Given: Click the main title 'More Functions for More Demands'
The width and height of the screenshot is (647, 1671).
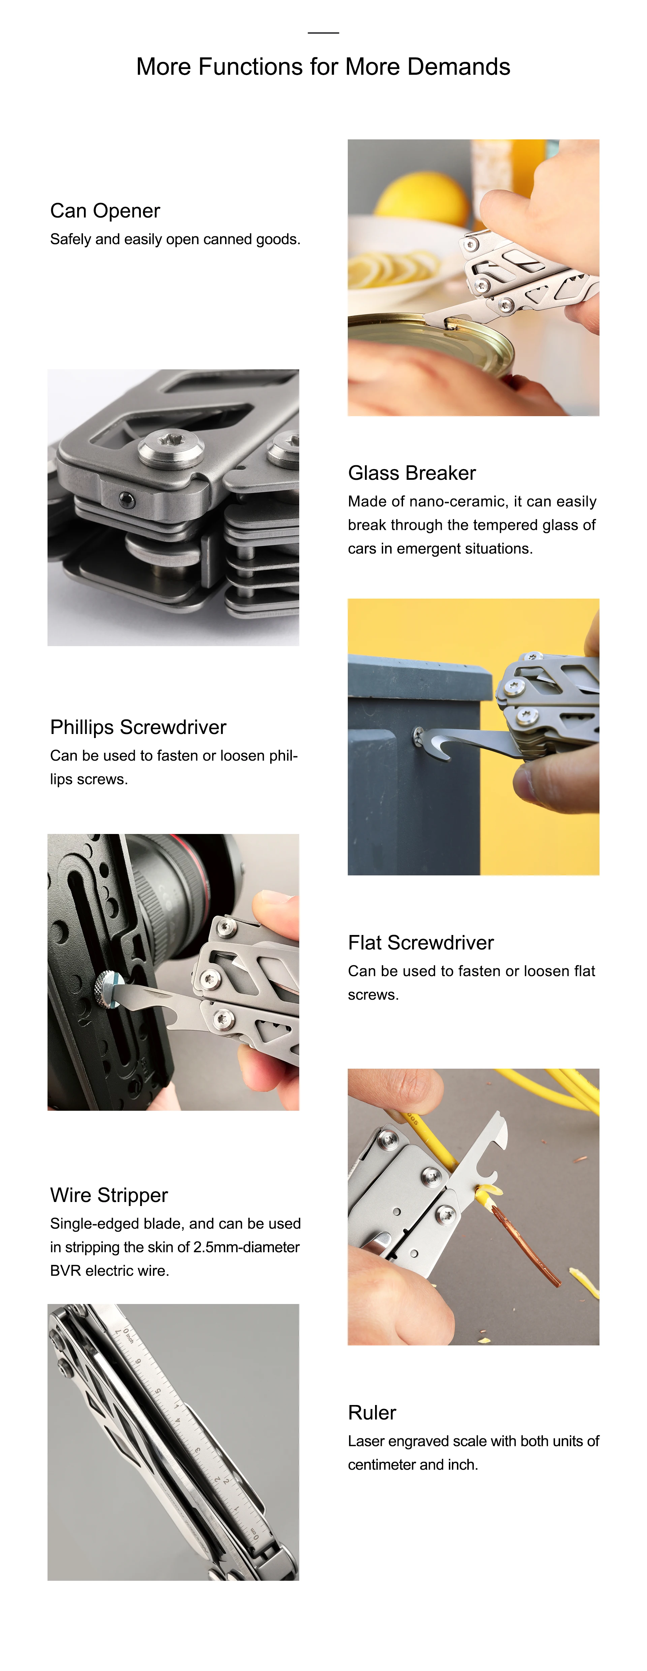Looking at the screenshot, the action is tap(323, 67).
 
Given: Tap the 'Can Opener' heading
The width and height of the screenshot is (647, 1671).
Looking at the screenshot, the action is tap(105, 211).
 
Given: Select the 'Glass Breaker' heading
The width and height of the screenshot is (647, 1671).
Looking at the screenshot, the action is tap(412, 473).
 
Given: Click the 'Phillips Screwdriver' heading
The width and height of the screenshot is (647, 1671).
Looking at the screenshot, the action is tap(138, 727).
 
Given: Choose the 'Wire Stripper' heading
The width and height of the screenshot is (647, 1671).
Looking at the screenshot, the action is tap(109, 1195).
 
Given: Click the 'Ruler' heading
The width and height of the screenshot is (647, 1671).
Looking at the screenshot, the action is tap(372, 1412).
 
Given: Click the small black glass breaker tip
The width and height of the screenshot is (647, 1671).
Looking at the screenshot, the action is tap(128, 500).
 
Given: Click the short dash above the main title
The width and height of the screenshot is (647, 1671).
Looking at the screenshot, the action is tap(323, 32).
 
